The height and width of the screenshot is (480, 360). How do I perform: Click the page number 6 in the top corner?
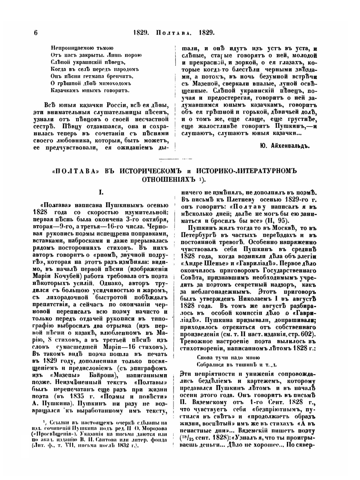[36, 32]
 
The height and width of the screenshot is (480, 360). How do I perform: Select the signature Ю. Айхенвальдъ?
[284, 145]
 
